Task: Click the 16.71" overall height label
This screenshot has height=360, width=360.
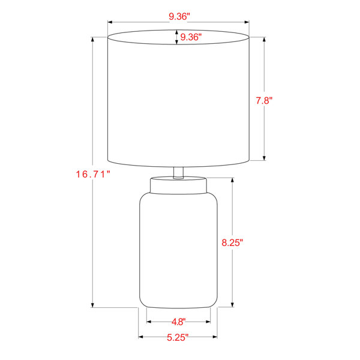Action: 93,174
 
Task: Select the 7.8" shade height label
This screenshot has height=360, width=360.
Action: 264,101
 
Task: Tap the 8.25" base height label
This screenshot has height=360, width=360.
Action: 232,242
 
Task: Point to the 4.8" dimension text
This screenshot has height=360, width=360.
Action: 178,322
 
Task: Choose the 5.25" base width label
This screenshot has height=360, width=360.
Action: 178,337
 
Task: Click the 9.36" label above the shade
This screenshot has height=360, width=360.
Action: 179,17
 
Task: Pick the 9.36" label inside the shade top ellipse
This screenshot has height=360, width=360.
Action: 191,37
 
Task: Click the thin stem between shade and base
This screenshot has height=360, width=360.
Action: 178,172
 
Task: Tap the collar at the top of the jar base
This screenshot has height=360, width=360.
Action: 178,185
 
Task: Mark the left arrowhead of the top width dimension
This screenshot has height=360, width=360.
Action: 110,22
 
